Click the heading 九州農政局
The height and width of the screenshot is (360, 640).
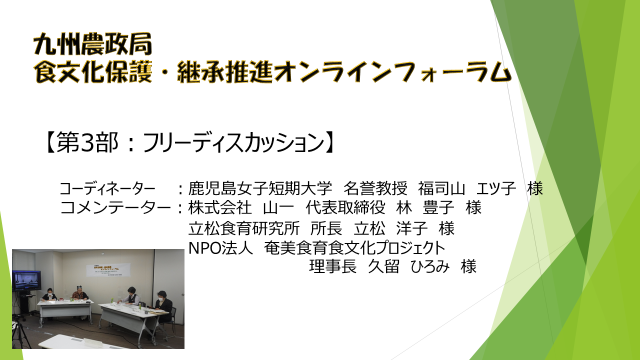92,44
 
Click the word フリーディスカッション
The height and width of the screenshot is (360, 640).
233,142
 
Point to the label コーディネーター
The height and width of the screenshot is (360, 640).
107,188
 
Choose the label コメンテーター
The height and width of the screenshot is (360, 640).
115,207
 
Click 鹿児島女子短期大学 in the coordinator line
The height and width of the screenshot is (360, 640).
260,188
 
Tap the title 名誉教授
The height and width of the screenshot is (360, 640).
375,188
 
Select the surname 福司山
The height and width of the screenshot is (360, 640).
441,188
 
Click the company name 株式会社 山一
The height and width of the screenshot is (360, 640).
241,207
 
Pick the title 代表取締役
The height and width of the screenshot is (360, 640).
345,207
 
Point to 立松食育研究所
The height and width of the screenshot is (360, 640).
244,228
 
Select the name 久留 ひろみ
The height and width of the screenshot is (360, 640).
409,266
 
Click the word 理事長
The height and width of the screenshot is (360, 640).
333,266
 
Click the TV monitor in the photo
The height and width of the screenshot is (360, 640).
26,280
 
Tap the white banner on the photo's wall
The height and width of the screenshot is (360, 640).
108,269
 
